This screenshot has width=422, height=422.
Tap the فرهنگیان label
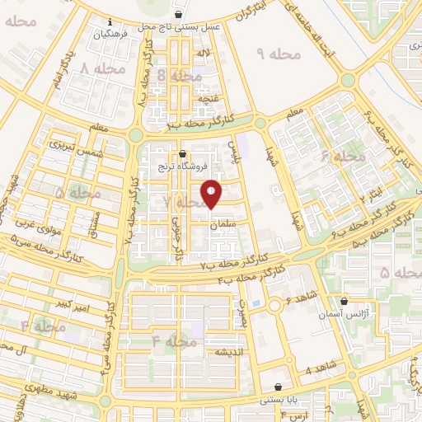point(110,35)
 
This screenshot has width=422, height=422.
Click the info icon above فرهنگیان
point(110,23)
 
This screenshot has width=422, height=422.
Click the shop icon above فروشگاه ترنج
point(182,154)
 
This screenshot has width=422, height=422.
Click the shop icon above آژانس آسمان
point(344,301)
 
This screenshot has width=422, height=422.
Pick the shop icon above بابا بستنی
point(279,387)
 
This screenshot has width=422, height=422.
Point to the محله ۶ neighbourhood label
point(342,156)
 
